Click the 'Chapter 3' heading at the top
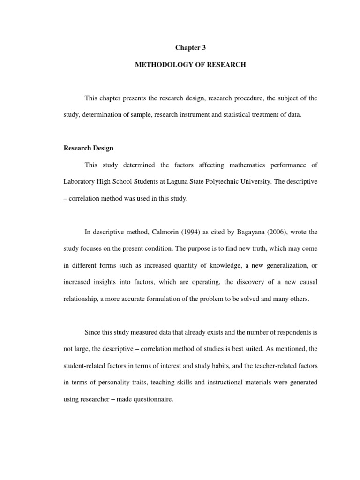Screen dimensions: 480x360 [x=190, y=48]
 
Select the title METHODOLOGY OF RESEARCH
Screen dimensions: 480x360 [x=190, y=65]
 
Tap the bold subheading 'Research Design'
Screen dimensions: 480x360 [x=88, y=148]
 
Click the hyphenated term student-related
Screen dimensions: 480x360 [x=85, y=366]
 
